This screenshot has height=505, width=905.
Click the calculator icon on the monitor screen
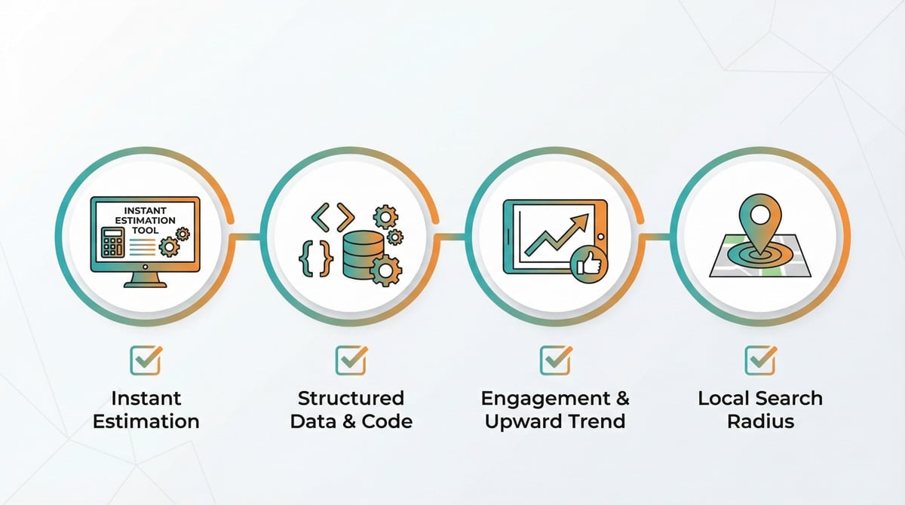[112, 242]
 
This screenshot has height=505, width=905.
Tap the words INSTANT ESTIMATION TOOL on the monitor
[146, 220]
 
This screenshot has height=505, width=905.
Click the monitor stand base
[145, 284]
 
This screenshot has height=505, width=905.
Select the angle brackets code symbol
[333, 217]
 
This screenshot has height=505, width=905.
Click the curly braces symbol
[316, 259]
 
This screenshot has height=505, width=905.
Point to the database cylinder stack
[363, 254]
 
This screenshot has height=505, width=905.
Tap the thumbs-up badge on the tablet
[589, 265]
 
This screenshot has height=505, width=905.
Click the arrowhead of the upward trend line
[581, 222]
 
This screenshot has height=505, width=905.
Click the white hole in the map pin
[760, 214]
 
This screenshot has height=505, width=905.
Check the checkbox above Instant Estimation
[146, 360]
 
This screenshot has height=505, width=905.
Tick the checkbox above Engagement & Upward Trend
[556, 360]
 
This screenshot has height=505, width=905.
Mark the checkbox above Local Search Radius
[760, 360]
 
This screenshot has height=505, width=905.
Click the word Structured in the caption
[351, 399]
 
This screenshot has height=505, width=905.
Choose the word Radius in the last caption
[761, 421]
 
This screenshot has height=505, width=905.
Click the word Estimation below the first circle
[146, 421]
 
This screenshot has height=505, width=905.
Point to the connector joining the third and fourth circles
[655, 237]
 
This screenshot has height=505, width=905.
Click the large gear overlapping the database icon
[385, 271]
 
